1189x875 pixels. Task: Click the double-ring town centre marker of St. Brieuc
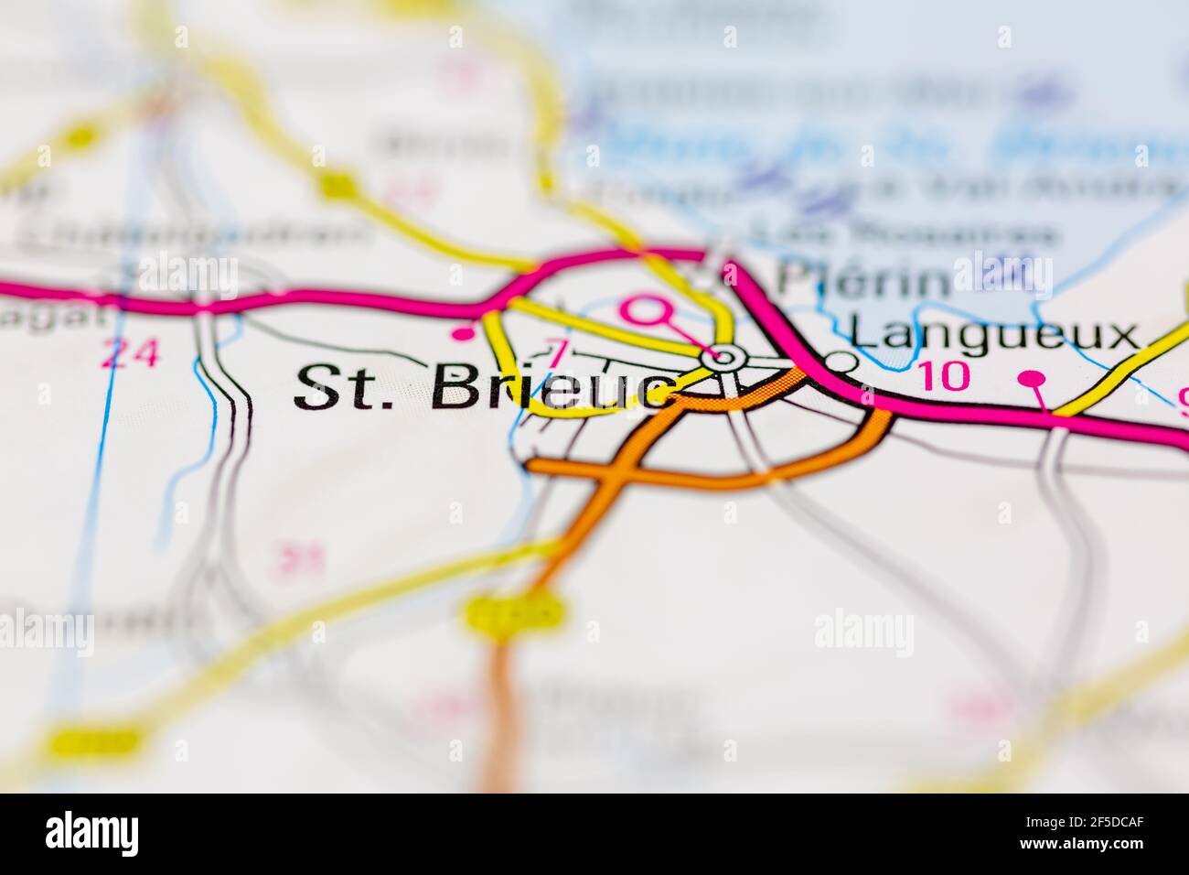(725, 355)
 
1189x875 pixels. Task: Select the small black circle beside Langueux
(841, 362)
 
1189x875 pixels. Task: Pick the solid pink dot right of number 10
(1032, 377)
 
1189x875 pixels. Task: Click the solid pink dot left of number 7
(465, 334)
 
